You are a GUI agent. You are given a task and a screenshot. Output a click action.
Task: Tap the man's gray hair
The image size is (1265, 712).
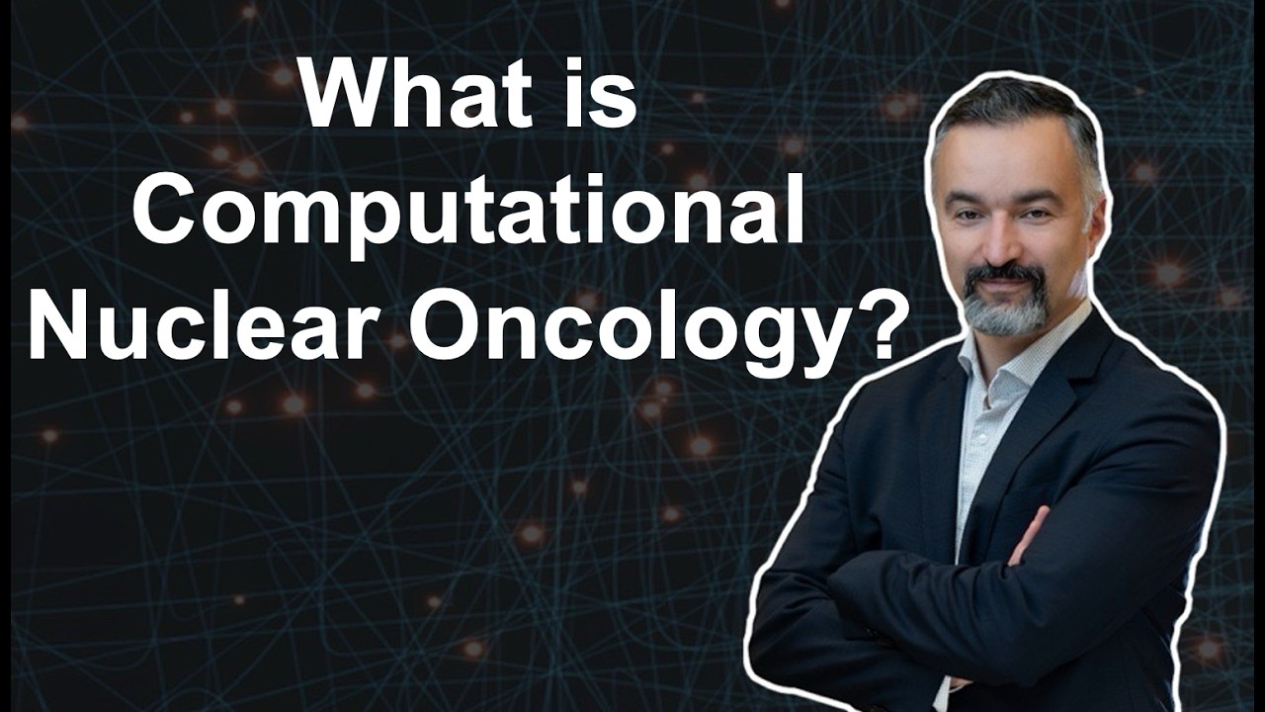pos(1028,114)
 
